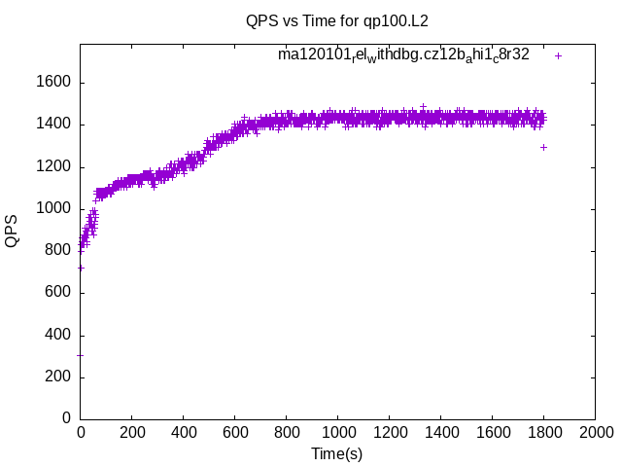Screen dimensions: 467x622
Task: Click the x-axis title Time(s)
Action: coord(336,453)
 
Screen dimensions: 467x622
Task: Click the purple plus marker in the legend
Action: coord(558,55)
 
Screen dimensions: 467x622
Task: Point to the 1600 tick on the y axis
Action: coord(52,83)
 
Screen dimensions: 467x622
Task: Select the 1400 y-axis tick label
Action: coord(52,125)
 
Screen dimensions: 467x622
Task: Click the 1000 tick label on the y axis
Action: coord(52,208)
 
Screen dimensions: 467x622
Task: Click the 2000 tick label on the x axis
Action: coord(595,431)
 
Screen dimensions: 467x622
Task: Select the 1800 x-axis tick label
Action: coord(543,431)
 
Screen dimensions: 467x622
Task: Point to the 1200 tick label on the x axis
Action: coord(389,431)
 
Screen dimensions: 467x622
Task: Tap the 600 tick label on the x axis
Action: coord(234,431)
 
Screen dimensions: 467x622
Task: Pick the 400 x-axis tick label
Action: coord(183,431)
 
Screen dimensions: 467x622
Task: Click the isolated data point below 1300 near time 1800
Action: coord(543,147)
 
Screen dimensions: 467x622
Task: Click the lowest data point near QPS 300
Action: coord(80,355)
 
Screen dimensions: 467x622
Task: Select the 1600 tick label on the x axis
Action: coord(492,431)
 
